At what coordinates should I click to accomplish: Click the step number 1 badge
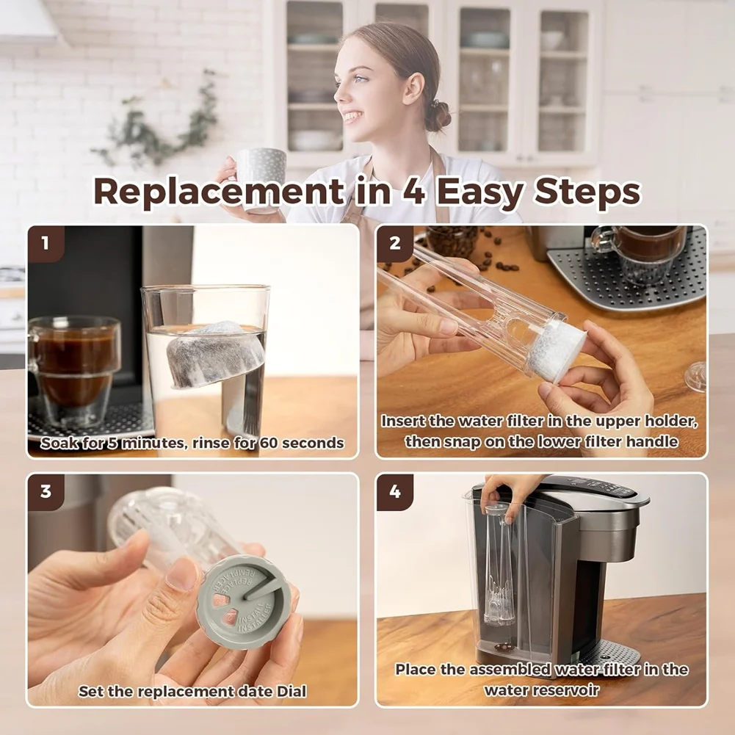(45, 243)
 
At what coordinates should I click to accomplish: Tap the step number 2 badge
(394, 243)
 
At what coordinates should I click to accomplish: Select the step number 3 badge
(45, 491)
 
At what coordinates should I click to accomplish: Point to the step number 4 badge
(394, 491)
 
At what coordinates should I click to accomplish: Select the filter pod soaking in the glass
(214, 353)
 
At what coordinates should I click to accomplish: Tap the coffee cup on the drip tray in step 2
(639, 253)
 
